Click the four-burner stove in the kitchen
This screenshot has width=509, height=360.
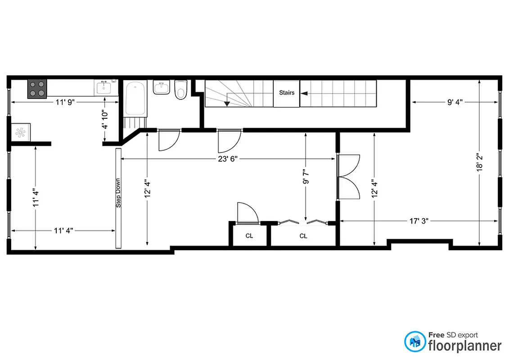37,89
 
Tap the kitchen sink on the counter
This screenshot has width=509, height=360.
104,87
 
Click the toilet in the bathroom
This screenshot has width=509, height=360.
181,89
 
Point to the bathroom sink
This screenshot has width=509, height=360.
161,87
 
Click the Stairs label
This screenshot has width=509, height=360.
287,93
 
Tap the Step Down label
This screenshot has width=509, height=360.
119,193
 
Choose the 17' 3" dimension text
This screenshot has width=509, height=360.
419,221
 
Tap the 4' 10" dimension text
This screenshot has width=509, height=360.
104,120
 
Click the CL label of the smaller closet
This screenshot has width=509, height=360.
249,236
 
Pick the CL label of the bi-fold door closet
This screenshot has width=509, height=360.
303,236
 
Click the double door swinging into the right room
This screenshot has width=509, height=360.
349,177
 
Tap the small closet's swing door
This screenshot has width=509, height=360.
247,213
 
